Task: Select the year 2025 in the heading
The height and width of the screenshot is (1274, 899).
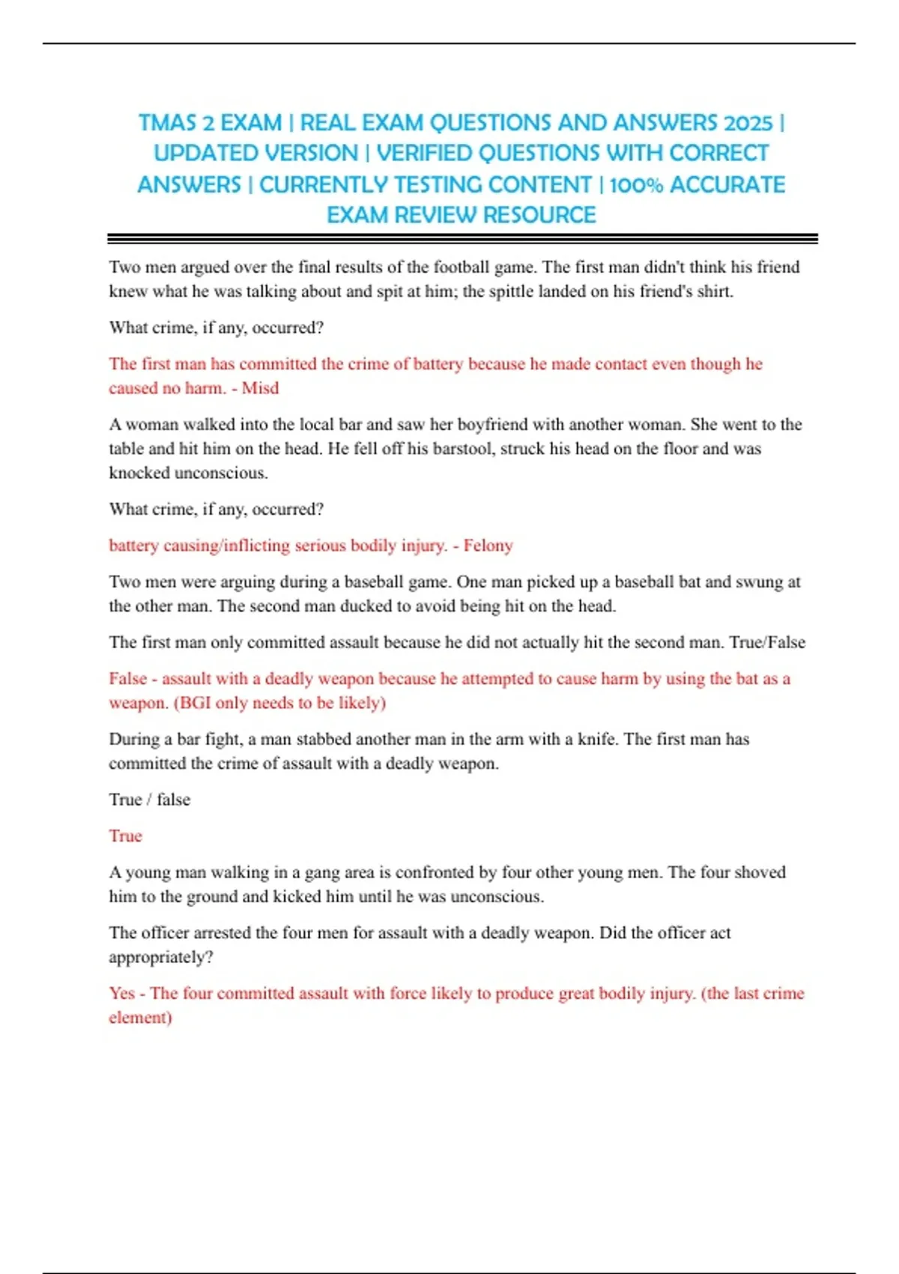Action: [x=748, y=123]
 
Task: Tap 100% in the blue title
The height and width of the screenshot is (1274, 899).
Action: [x=636, y=185]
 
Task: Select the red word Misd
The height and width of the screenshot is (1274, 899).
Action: [x=260, y=388]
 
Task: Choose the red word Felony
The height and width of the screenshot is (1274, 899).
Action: [x=488, y=546]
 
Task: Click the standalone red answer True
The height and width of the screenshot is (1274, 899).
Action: [x=125, y=836]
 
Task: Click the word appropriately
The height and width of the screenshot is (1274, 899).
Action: [x=160, y=958]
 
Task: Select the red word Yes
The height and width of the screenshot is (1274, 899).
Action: [x=121, y=994]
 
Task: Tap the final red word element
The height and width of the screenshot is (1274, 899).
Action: [x=140, y=1018]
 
